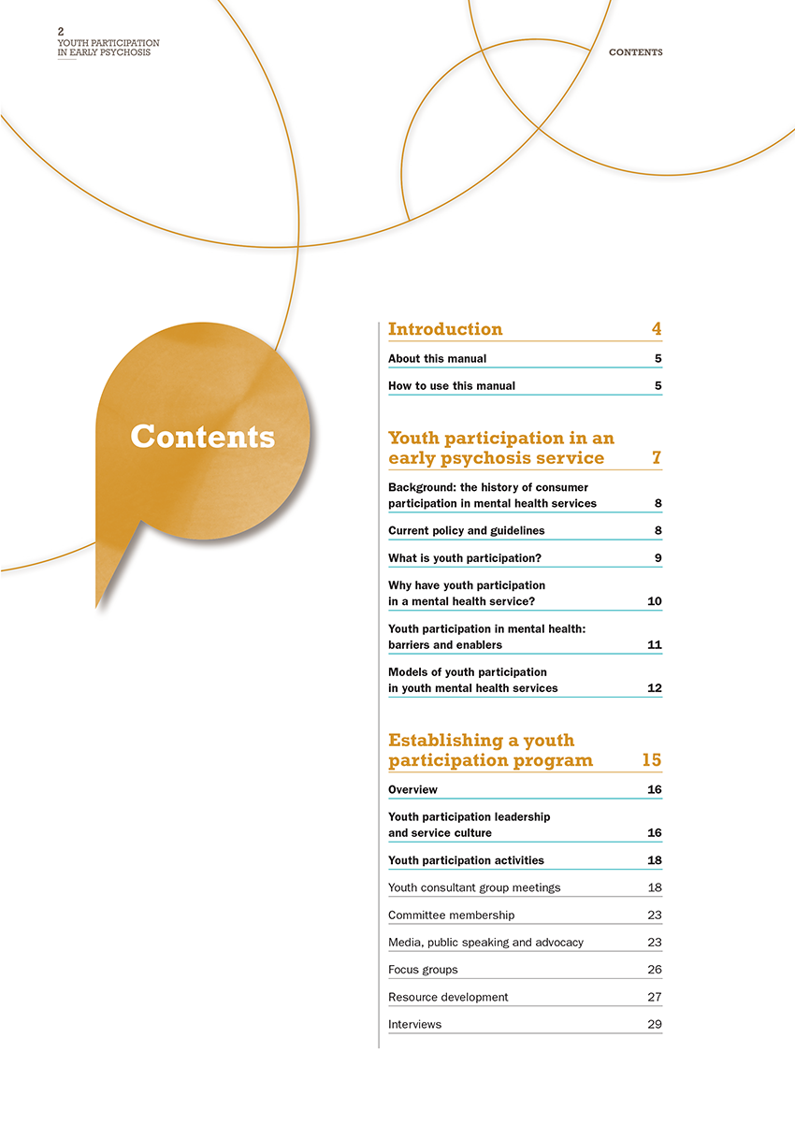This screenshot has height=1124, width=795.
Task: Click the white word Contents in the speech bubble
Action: pos(202,437)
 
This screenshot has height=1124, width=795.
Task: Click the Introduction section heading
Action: pos(445,329)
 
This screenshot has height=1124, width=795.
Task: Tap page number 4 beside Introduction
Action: pos(657,329)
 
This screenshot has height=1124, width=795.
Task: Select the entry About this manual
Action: pos(437,359)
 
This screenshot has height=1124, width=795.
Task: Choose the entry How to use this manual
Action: pos(451,386)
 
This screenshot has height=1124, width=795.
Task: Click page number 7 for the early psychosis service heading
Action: pos(657,458)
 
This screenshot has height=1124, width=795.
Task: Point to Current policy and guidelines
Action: pos(466,531)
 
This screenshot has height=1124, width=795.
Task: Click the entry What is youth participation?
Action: pos(465,558)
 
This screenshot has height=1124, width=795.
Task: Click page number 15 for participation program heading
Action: pos(652,760)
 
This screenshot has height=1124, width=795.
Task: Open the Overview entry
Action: pos(412,790)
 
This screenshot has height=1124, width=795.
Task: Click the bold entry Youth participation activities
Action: pos(466,860)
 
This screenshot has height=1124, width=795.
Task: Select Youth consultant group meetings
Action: pos(474,887)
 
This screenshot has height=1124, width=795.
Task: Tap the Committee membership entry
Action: pos(451,915)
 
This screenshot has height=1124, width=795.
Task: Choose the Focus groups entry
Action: pos(423,970)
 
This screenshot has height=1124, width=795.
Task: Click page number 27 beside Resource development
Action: pos(655,997)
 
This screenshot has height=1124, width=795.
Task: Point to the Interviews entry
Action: pos(414,1025)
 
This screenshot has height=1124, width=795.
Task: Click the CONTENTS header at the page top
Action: pos(635,52)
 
